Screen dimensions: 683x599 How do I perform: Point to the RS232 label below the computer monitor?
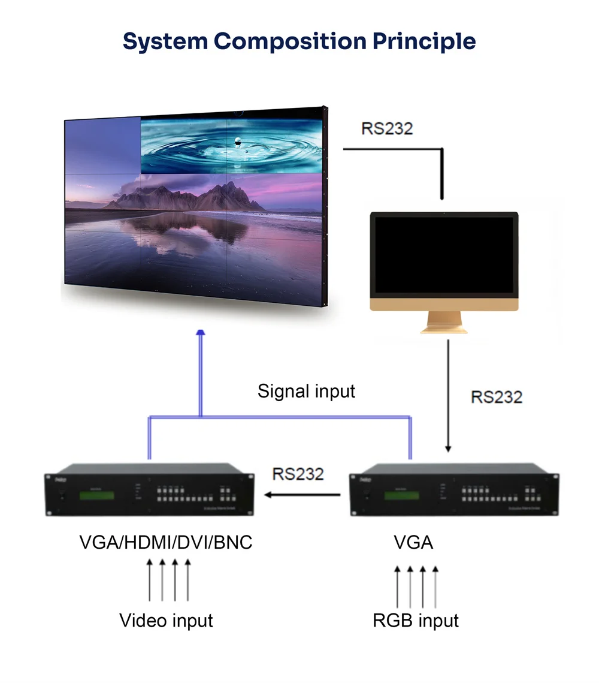point(497,397)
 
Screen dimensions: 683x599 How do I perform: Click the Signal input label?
point(306,391)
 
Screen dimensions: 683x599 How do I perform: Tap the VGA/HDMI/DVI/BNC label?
point(166,543)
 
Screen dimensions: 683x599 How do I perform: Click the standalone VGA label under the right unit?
point(413,543)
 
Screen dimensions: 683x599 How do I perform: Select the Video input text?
point(166,620)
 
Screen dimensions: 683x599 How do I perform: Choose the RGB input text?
point(416,620)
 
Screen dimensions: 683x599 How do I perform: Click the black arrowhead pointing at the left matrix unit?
point(270,495)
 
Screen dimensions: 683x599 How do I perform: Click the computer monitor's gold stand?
point(444,322)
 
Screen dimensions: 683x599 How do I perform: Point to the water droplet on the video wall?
point(238,142)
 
